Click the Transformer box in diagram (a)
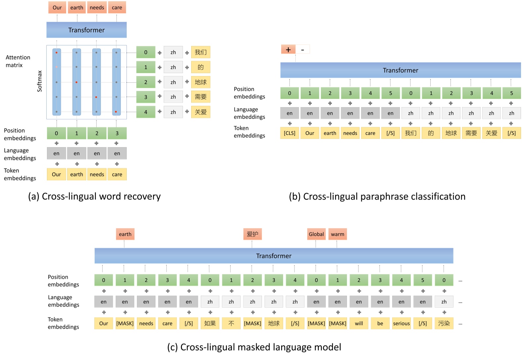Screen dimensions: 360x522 (x=86, y=30)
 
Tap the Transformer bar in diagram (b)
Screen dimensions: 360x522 (x=400, y=70)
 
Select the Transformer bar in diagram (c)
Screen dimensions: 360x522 (x=274, y=256)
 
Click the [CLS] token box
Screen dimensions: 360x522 (x=289, y=133)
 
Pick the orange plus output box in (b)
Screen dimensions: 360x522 (x=288, y=50)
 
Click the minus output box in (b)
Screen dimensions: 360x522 (x=302, y=50)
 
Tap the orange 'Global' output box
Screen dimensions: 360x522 (x=316, y=234)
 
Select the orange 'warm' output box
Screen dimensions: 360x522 (x=337, y=234)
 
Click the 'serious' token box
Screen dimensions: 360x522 (x=401, y=323)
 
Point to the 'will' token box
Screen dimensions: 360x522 (x=359, y=323)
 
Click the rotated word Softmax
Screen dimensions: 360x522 (x=40, y=81)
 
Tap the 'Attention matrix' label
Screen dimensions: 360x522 (x=18, y=61)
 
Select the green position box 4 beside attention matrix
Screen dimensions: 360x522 (x=146, y=112)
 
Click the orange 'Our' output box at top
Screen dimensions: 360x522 (x=57, y=8)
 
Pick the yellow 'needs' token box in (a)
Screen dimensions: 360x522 (x=97, y=175)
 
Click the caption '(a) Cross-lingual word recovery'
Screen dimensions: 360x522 (x=94, y=196)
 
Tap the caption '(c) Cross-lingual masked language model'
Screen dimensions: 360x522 (x=254, y=347)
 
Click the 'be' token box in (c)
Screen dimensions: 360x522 (x=380, y=323)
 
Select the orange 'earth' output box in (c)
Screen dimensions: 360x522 (x=125, y=234)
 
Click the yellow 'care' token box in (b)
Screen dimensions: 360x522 (x=370, y=133)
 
